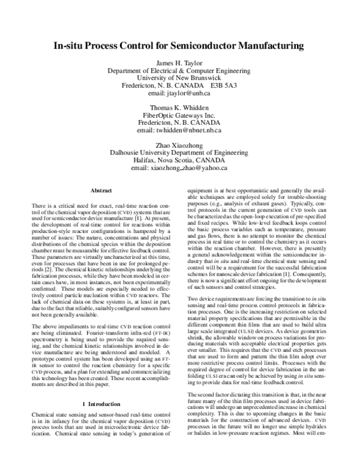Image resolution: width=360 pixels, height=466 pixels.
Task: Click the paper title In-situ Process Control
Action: pos(179,46)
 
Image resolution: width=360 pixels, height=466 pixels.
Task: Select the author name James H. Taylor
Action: pos(179,63)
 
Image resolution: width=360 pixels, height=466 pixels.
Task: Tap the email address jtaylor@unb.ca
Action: pos(179,94)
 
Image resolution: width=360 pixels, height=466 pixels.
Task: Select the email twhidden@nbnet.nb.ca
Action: pos(179,130)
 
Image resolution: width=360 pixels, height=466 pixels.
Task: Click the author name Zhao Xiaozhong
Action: pos(179,146)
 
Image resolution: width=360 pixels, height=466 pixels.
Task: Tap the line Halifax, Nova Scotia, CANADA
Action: pos(179,161)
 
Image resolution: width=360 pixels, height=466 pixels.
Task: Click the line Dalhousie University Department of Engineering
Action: pos(179,153)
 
